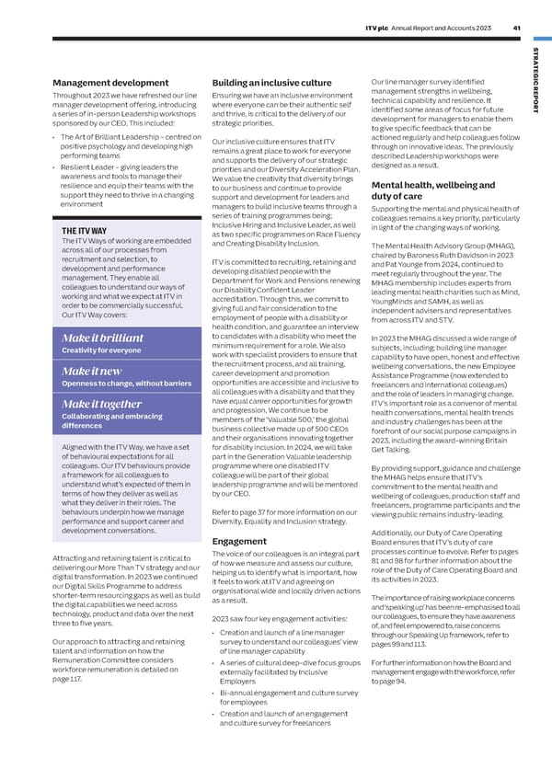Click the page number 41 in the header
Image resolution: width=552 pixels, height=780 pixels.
(518, 28)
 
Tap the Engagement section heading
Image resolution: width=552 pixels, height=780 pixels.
(239, 541)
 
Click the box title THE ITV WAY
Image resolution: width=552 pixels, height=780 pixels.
(85, 230)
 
